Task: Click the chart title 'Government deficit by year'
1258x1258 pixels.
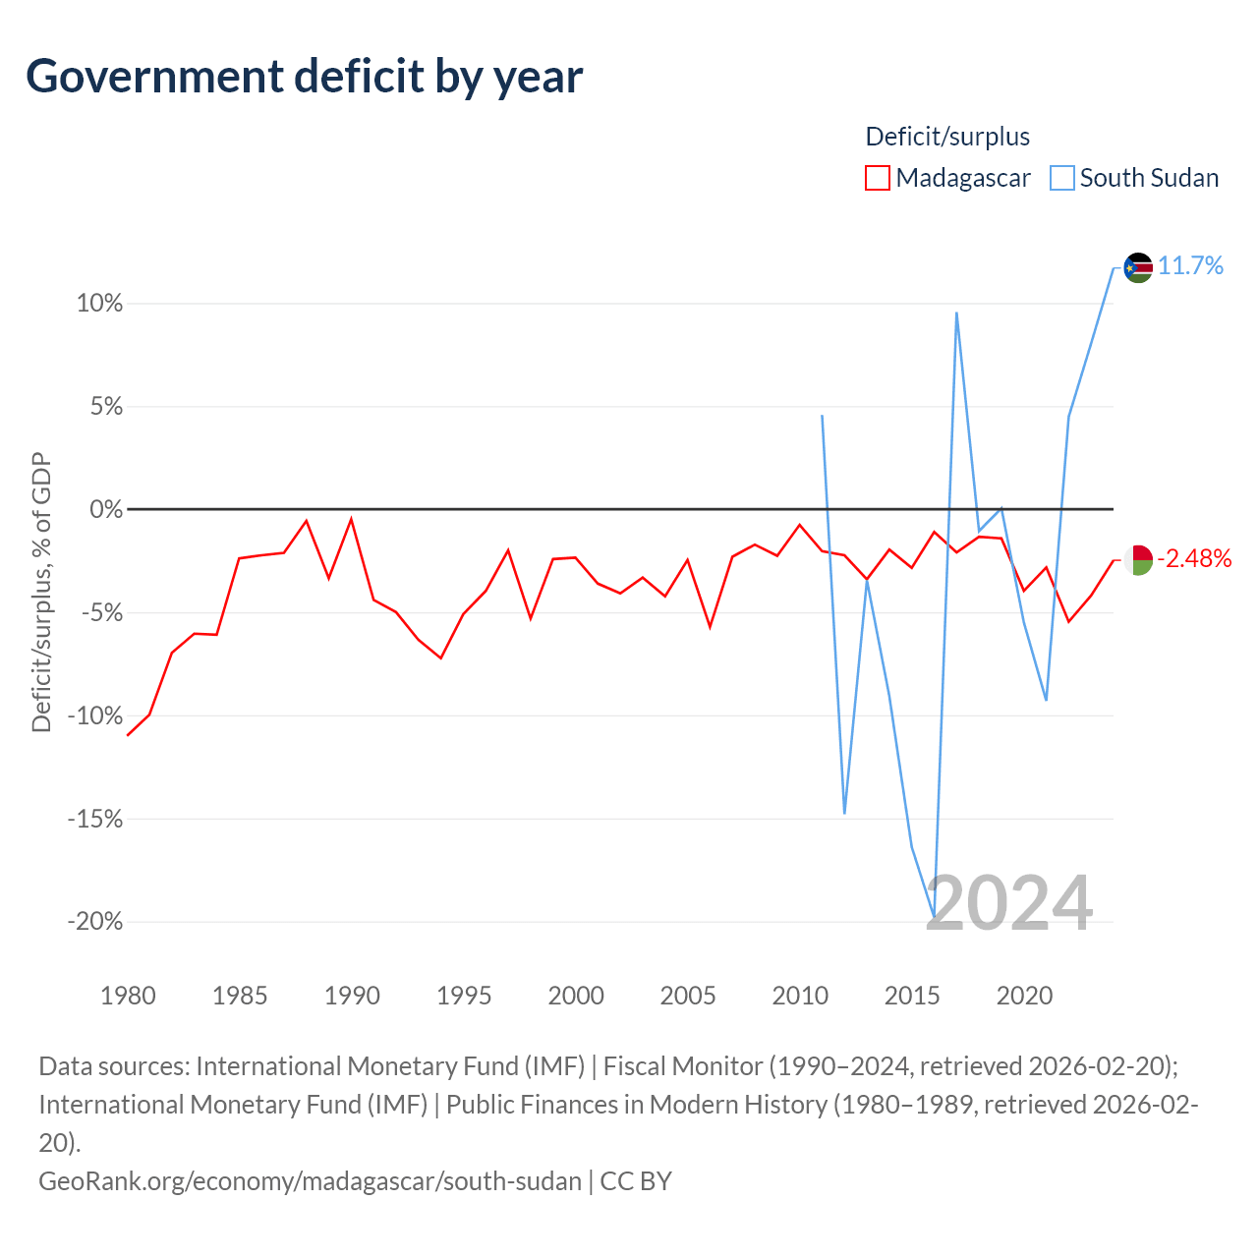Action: (x=305, y=77)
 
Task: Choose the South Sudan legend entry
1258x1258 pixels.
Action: (x=1135, y=178)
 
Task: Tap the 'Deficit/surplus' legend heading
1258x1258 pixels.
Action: (x=947, y=137)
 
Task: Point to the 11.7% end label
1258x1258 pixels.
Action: (x=1190, y=265)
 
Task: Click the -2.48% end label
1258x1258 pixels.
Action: (x=1194, y=558)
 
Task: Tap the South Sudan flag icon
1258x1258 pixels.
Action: (x=1138, y=266)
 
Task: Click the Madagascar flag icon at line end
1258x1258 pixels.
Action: (x=1138, y=559)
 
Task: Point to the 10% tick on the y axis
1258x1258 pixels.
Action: (x=99, y=303)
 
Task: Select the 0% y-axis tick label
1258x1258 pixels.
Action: (x=105, y=509)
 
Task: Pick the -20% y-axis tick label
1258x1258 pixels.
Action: (x=95, y=921)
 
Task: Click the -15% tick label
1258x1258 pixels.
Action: (x=95, y=818)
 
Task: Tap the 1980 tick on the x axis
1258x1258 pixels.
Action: (x=128, y=996)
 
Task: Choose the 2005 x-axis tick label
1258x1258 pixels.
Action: (x=688, y=996)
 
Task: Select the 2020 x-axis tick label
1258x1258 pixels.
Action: (x=1024, y=996)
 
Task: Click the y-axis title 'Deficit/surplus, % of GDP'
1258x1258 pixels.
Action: (x=41, y=593)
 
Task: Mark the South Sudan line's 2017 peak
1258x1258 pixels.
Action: (x=956, y=314)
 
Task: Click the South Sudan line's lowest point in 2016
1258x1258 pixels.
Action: (x=934, y=917)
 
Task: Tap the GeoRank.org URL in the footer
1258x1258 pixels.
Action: (x=310, y=1180)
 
